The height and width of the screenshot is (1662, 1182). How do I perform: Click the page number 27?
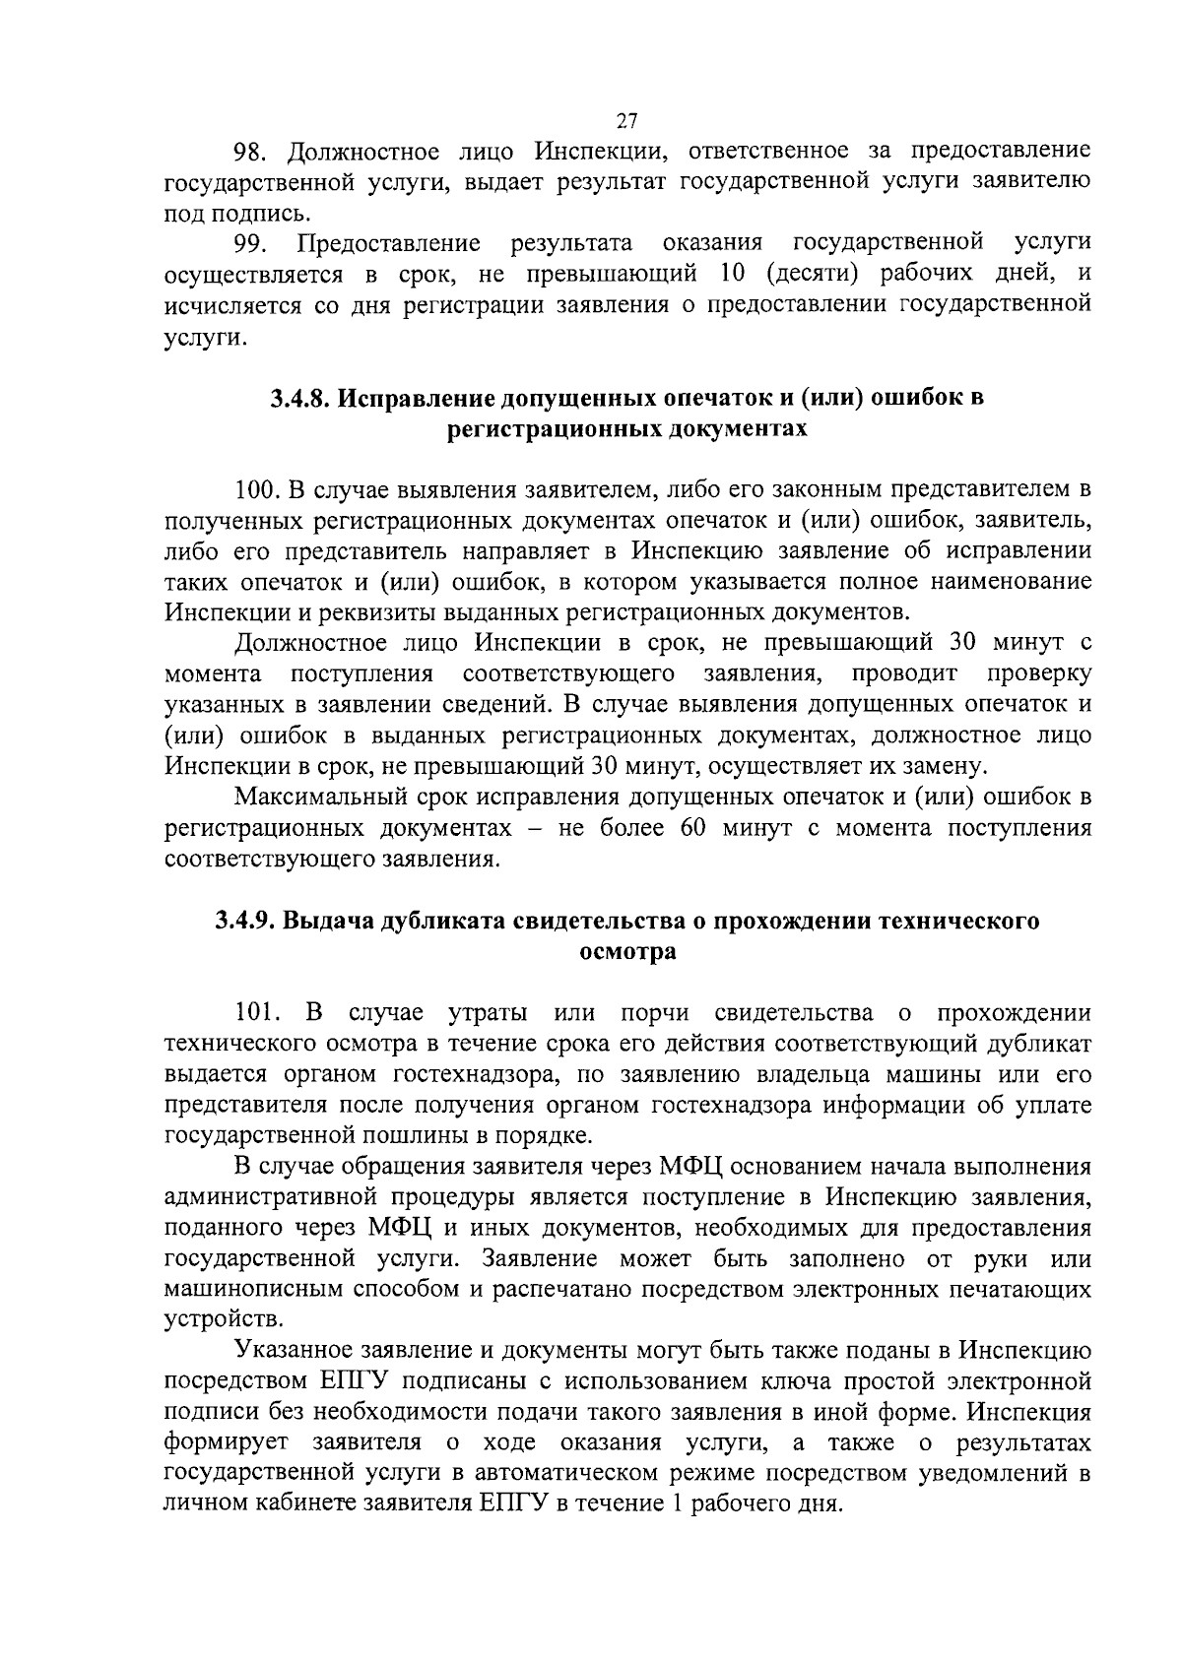627,121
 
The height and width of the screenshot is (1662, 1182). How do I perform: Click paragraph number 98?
249,152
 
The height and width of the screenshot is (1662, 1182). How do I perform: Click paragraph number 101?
258,1012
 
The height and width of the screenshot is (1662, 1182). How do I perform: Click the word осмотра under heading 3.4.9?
626,952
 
